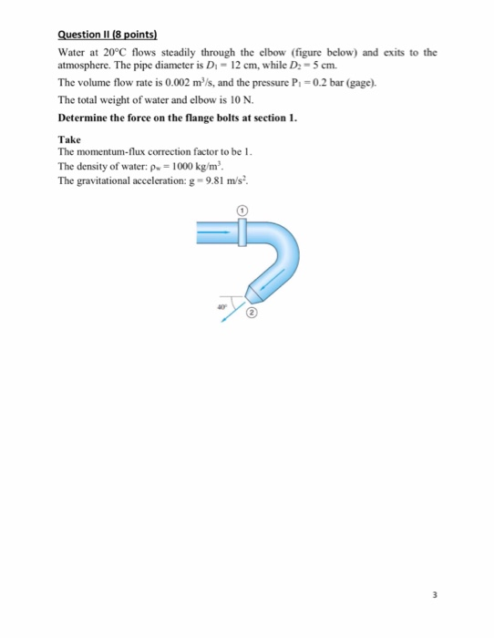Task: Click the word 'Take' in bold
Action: tap(69, 139)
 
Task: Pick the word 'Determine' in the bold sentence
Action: tap(84, 118)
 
